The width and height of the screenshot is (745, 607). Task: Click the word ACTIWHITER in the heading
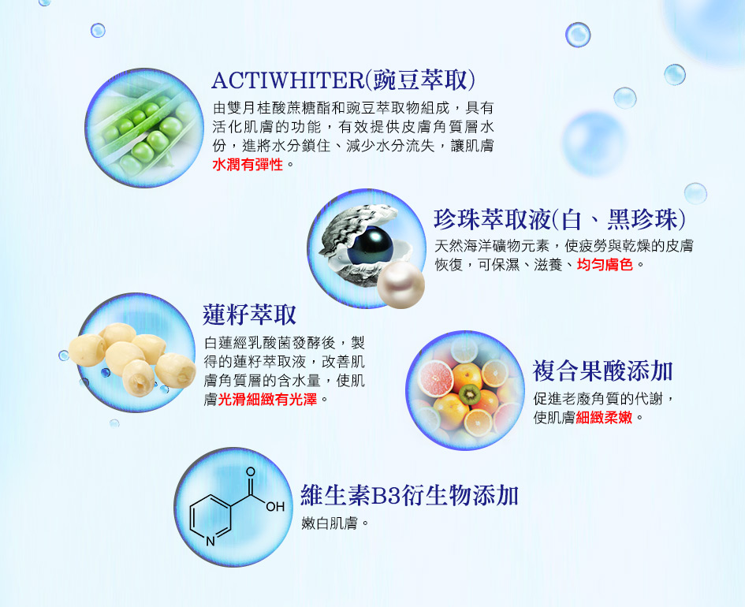coord(288,80)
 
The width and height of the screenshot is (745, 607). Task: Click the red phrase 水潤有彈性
coord(248,165)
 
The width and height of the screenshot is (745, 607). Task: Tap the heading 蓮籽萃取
coord(249,315)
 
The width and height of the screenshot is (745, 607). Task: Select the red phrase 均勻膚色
coord(605,264)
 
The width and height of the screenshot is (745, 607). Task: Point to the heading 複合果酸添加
coord(602,371)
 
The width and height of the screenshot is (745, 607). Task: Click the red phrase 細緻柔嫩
coord(604,418)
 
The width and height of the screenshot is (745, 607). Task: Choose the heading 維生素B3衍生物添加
coord(409,495)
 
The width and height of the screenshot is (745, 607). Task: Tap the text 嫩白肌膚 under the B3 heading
coord(330,523)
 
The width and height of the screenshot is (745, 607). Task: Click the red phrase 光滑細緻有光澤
coord(267,400)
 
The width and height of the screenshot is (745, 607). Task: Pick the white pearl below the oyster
coord(400,286)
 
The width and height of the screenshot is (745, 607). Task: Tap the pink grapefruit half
coord(435,378)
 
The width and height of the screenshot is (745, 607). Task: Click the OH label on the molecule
coord(275,507)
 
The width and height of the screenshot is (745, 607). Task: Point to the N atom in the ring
coord(210,542)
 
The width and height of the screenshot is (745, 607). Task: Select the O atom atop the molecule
coord(251,472)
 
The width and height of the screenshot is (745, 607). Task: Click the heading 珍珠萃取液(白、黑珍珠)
coord(561,219)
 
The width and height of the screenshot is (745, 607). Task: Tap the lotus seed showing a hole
coord(138,377)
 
